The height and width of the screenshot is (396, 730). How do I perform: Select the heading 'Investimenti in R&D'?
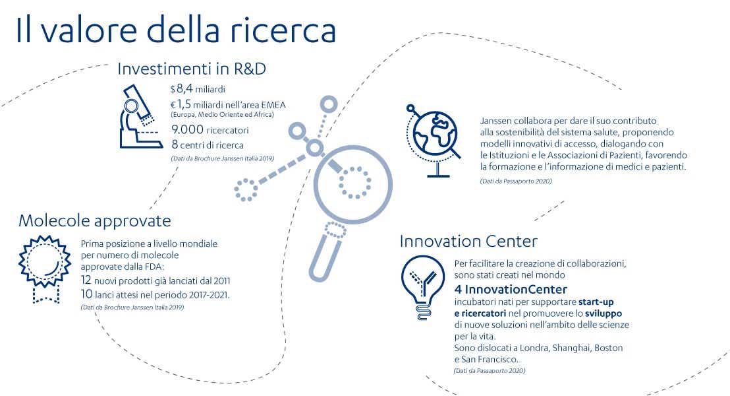point(192,68)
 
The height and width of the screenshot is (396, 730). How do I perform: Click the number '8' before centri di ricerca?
point(175,145)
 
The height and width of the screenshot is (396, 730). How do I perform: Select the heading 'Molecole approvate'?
point(95,220)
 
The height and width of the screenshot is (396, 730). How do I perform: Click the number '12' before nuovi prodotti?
point(87,280)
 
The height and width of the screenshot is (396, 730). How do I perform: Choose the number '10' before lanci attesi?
point(87,294)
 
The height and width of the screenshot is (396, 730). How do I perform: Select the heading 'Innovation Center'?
point(468,241)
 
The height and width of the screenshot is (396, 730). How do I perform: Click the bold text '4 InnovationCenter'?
point(511,290)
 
